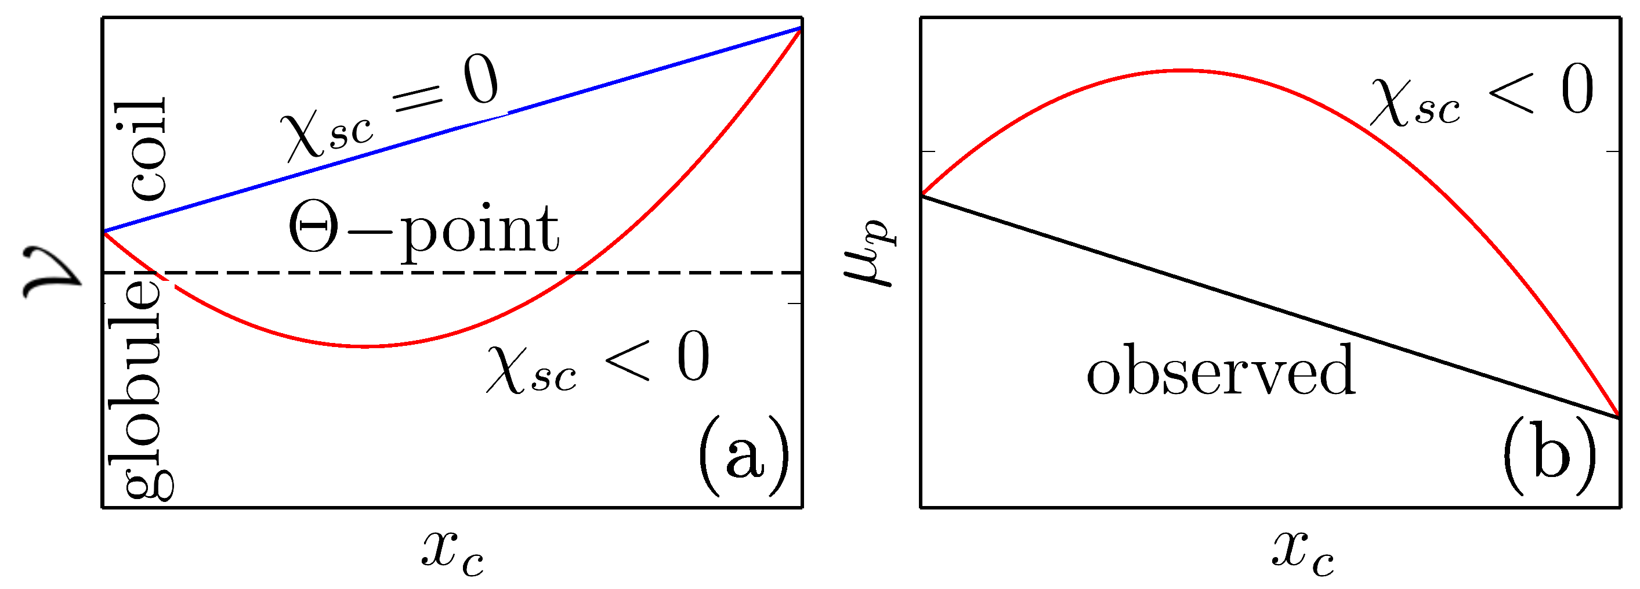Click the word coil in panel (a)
(x=148, y=149)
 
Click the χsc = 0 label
(x=390, y=112)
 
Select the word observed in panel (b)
(x=1221, y=371)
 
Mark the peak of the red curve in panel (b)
(x=1182, y=70)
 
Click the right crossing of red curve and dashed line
(x=575, y=273)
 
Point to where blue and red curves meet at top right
(x=800, y=28)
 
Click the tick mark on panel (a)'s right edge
(x=795, y=303)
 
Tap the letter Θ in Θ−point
(x=313, y=228)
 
